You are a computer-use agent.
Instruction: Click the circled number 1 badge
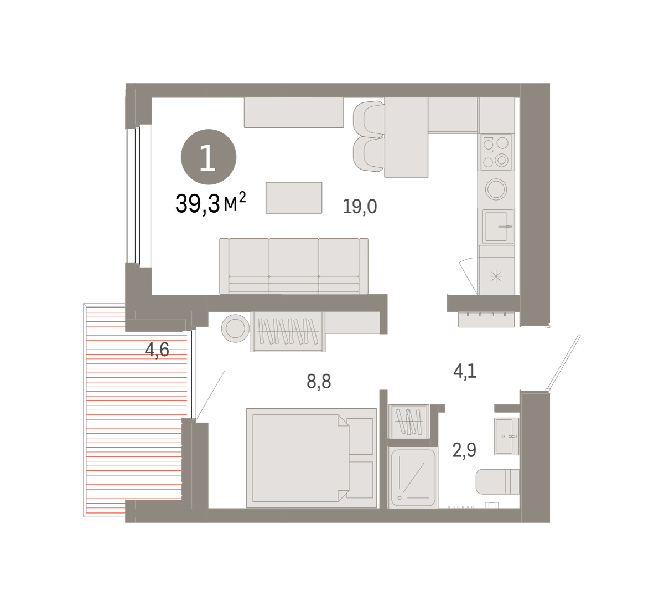[x=209, y=157]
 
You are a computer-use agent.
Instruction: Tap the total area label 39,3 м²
[x=210, y=203]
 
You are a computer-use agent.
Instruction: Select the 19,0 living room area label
[x=360, y=207]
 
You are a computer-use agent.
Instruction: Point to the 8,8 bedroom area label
[x=319, y=381]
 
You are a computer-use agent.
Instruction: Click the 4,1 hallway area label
[x=465, y=371]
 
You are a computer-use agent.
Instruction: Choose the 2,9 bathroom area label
[x=464, y=450]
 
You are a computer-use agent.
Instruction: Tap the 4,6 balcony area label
[x=157, y=350]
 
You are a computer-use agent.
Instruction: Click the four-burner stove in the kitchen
[x=496, y=152]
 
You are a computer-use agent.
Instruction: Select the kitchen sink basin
[x=497, y=227]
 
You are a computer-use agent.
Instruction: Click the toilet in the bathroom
[x=497, y=482]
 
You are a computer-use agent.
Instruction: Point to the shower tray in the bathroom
[x=413, y=477]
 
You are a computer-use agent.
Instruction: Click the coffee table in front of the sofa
[x=294, y=198]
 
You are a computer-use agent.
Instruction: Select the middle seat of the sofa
[x=294, y=265]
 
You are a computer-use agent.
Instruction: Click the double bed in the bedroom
[x=312, y=458]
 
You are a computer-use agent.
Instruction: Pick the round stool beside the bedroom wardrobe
[x=235, y=328]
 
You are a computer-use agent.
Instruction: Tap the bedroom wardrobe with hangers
[x=288, y=331]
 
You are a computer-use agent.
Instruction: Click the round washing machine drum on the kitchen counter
[x=496, y=189]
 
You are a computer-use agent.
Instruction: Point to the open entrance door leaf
[x=563, y=362]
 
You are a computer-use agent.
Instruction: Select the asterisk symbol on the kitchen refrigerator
[x=496, y=276]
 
